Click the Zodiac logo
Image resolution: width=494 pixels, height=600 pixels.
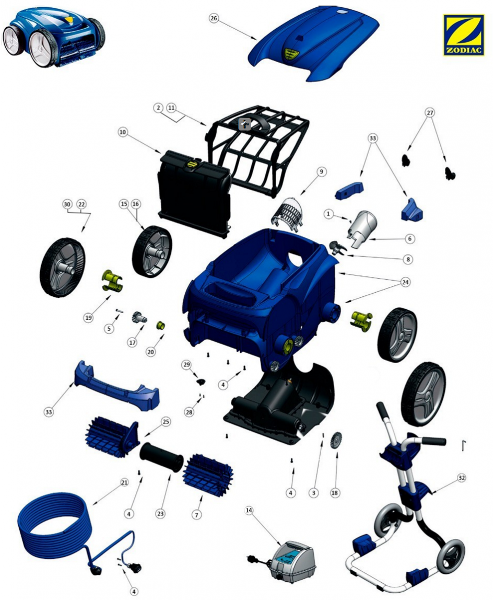[x=463, y=35]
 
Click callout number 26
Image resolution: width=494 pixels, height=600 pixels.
[x=214, y=18]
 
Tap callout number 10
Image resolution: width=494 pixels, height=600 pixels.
[x=122, y=132]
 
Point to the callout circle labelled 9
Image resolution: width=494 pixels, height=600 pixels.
[x=321, y=172]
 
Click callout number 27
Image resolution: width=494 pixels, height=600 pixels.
[x=430, y=112]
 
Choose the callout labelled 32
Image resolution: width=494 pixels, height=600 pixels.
[x=462, y=478]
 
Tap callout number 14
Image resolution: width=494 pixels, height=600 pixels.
[x=249, y=510]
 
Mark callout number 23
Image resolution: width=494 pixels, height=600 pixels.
[x=160, y=514]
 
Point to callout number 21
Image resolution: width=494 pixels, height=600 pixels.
[x=124, y=482]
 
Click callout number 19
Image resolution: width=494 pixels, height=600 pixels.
[x=89, y=317]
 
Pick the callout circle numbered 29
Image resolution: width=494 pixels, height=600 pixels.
[x=186, y=365]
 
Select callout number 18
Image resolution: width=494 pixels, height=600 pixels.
[x=335, y=493]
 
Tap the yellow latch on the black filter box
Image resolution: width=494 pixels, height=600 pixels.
[x=192, y=164]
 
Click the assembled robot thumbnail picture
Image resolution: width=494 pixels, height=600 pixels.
[x=54, y=38]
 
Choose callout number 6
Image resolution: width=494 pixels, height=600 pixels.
[x=409, y=238]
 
